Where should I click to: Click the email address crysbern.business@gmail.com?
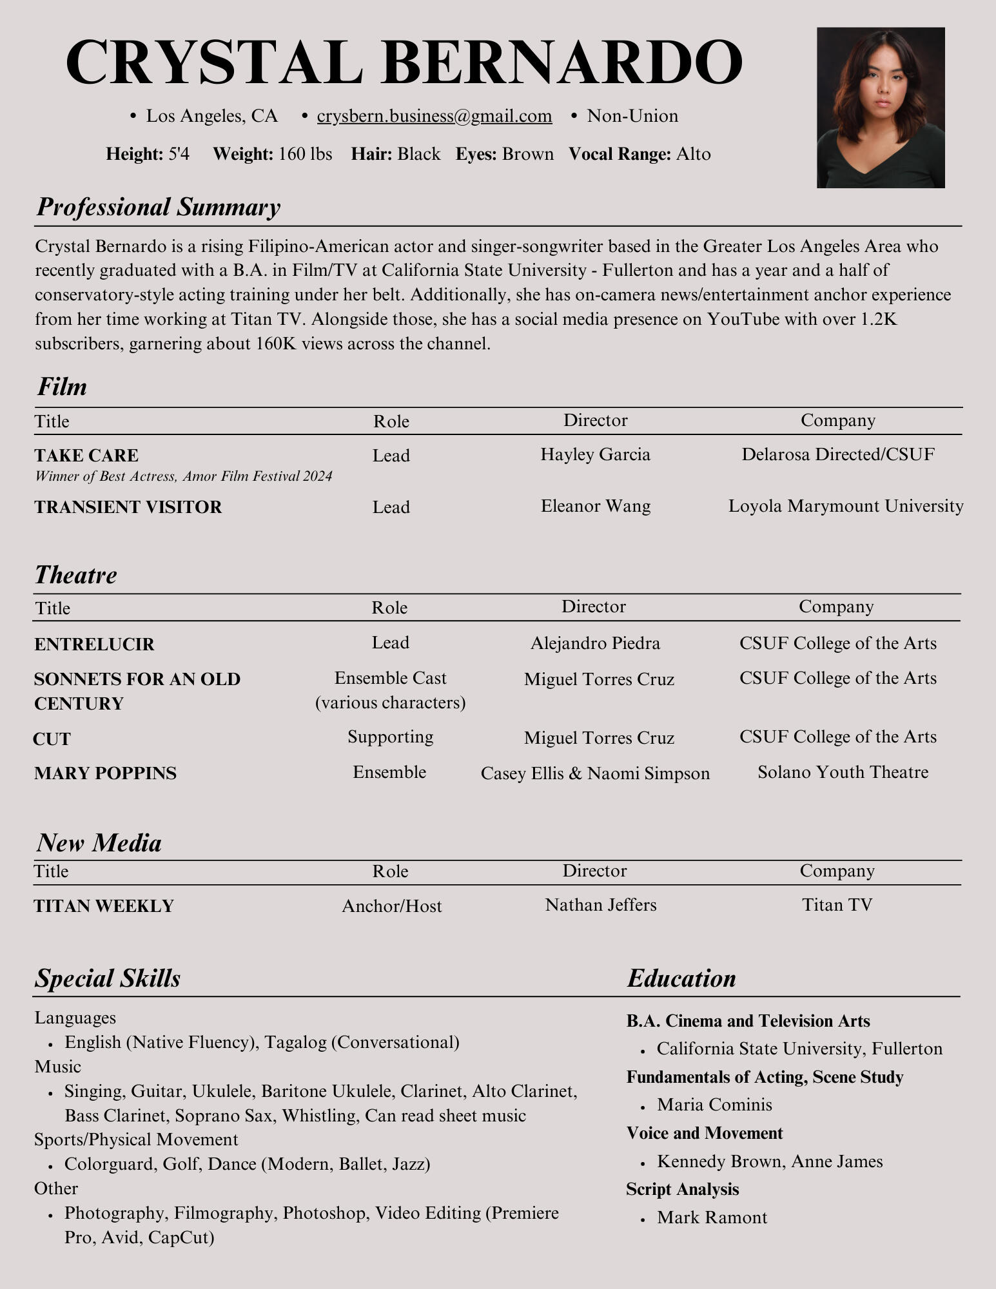coord(434,116)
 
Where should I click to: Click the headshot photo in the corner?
coord(880,108)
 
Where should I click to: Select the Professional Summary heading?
coord(158,207)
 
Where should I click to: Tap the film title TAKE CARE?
coord(86,456)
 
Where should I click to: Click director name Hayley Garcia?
coord(595,454)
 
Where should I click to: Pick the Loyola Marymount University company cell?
coord(845,506)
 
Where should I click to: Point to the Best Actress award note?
coord(183,476)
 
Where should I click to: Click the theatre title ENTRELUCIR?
coord(94,644)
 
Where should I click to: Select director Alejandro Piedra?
coord(595,643)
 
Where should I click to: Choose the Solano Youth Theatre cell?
coord(843,772)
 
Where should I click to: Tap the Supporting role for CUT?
coord(390,737)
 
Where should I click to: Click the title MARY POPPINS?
coord(105,773)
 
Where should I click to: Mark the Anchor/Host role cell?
coord(391,906)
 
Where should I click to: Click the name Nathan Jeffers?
coord(600,905)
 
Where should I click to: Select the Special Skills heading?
coord(108,978)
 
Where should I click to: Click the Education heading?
coord(681,978)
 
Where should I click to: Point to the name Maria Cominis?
coord(714,1105)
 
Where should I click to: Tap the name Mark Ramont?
coord(712,1217)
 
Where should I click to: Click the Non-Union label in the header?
coord(632,116)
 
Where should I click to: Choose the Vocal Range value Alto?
coord(693,154)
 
